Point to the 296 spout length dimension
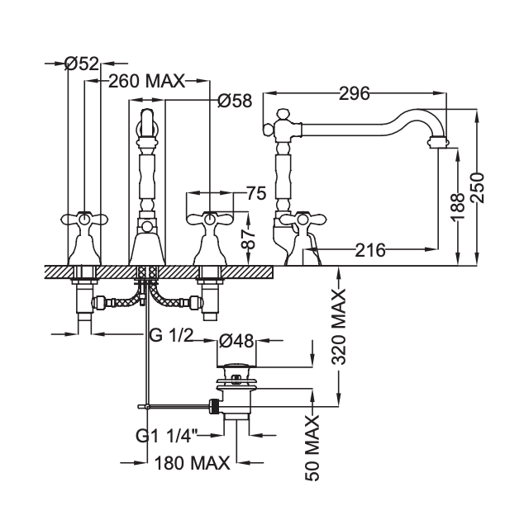(354, 93)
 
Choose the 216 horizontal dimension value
(370, 249)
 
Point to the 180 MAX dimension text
(191, 463)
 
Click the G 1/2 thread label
(171, 334)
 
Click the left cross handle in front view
(83, 220)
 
